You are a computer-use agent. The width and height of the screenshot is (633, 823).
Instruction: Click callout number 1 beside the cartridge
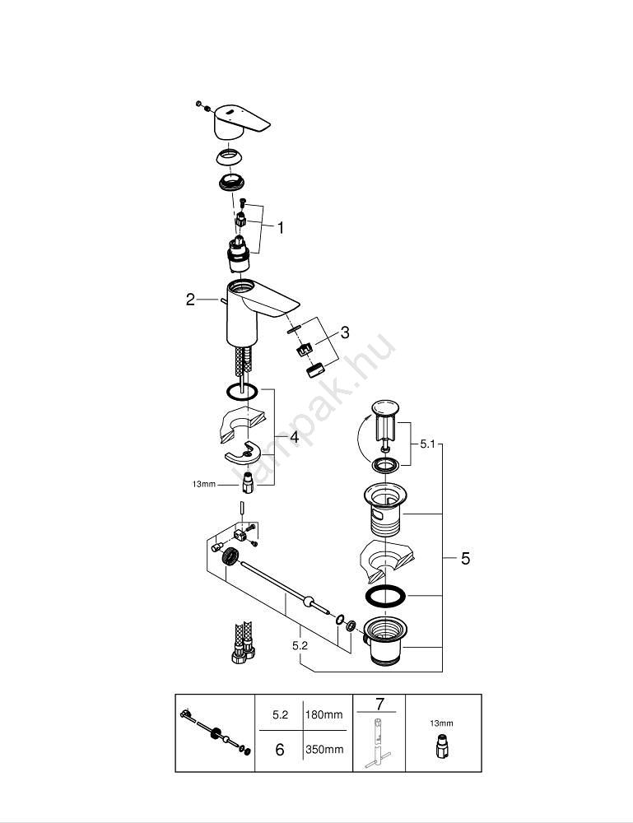pyautogui.click(x=280, y=228)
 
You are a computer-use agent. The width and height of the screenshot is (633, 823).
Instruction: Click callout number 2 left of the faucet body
pyautogui.click(x=191, y=300)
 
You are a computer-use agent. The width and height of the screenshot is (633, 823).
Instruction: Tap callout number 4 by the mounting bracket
pyautogui.click(x=294, y=438)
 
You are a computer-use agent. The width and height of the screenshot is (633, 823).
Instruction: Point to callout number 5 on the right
pyautogui.click(x=465, y=559)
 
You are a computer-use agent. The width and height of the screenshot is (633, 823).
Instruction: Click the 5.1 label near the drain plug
pyautogui.click(x=427, y=444)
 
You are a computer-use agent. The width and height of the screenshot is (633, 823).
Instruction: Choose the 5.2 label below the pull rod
pyautogui.click(x=300, y=646)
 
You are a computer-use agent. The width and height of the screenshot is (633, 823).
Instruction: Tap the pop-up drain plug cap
pyautogui.click(x=384, y=408)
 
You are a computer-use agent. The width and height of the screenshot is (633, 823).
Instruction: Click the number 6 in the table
pyautogui.click(x=280, y=751)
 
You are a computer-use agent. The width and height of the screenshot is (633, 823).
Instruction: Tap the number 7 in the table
pyautogui.click(x=379, y=704)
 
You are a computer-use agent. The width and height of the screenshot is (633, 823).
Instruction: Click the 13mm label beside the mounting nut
pyautogui.click(x=202, y=485)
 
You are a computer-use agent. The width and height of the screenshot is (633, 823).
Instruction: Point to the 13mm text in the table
pyautogui.click(x=442, y=723)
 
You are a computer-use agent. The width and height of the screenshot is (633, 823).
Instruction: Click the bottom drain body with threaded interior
pyautogui.click(x=384, y=640)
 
